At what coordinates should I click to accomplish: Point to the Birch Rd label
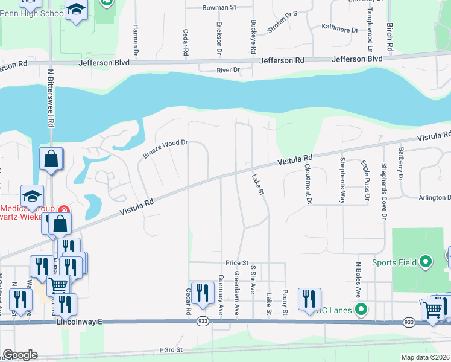[391, 37]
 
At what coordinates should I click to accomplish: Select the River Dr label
[229, 70]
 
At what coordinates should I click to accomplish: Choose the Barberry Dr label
[400, 163]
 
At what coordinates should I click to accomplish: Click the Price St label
[237, 263]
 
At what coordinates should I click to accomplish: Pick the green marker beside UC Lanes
[361, 310]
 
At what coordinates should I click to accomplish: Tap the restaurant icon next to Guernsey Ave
[203, 293]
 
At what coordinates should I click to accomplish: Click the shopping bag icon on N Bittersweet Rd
[51, 160]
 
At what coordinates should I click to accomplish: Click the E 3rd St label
[171, 349]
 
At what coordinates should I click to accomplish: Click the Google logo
[20, 355]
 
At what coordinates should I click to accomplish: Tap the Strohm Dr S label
[283, 21]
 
